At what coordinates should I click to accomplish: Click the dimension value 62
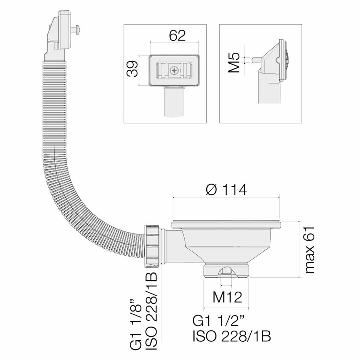(177, 36)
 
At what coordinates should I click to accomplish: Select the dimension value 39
(133, 69)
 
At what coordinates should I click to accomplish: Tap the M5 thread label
(234, 63)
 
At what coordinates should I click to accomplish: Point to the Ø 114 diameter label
(226, 190)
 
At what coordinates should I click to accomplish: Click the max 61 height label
(309, 249)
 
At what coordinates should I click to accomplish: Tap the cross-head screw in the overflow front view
(174, 70)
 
